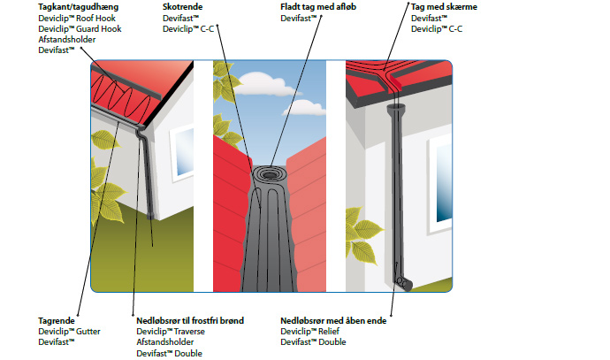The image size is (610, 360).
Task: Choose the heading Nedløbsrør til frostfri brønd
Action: (190, 320)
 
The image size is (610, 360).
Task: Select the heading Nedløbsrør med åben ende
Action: (333, 320)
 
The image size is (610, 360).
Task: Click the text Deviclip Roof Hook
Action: (77, 18)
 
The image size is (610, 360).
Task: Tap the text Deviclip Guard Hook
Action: (80, 29)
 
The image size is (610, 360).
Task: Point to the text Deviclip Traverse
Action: (171, 331)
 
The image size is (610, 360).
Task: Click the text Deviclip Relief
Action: (309, 331)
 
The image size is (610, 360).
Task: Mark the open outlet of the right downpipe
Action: (404, 284)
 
